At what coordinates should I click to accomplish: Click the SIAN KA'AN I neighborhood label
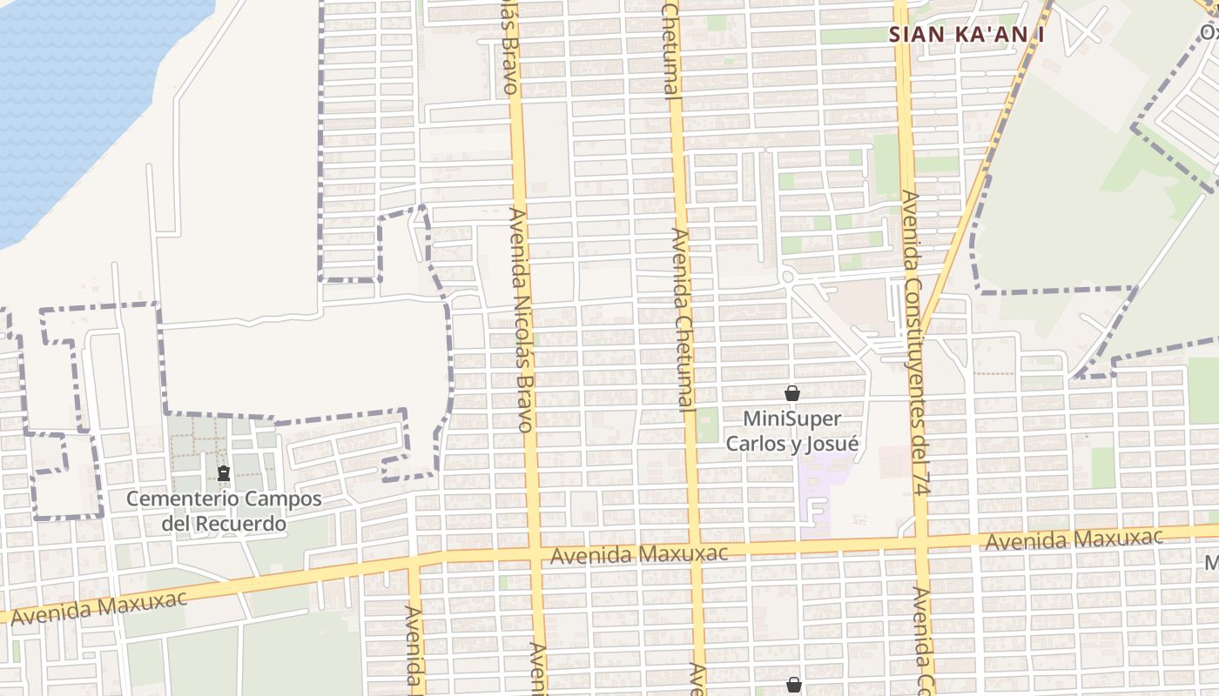coord(966,35)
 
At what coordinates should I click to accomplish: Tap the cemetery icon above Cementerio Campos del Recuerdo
coord(224,474)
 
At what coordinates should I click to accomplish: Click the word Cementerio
coord(175,499)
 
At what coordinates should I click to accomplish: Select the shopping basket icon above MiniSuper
coord(792,393)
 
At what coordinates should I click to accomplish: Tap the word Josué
coord(835,444)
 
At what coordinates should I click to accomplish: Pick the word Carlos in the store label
coord(756,444)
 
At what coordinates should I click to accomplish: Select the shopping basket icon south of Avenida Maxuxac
coord(793,685)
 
